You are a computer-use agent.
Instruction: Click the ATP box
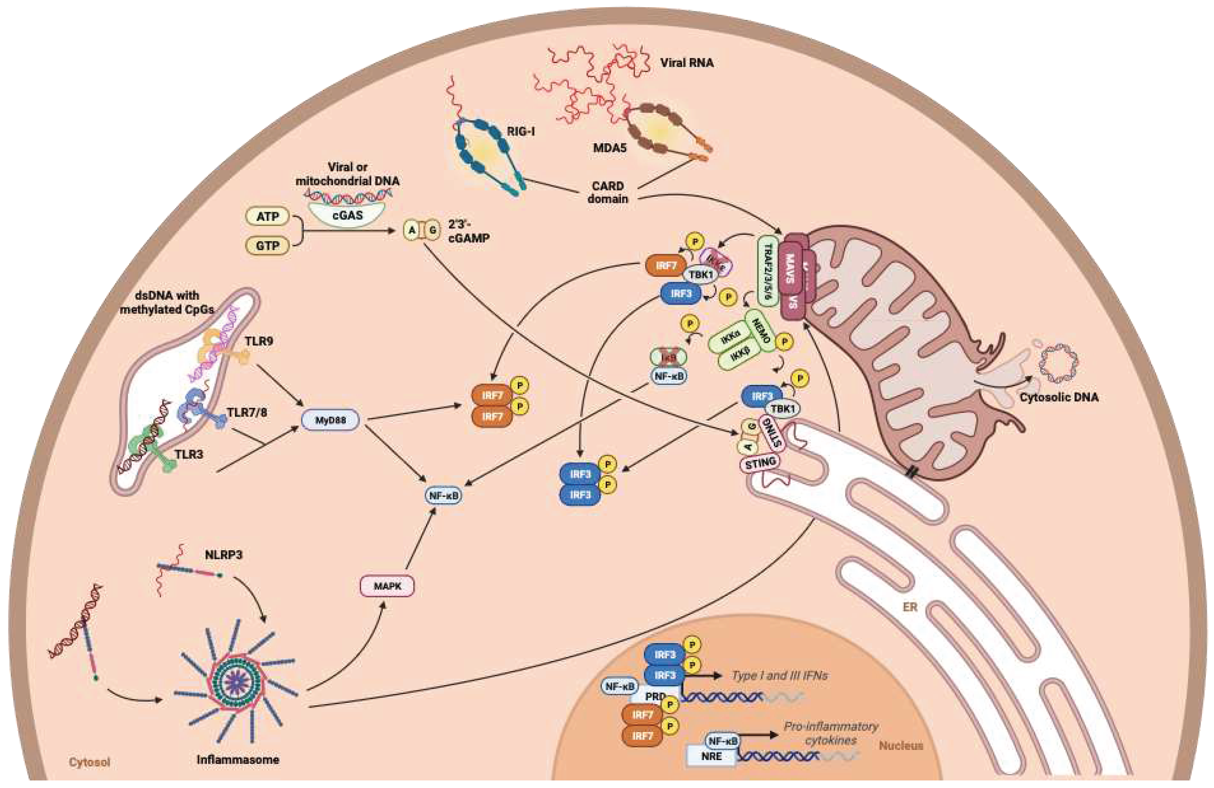(x=267, y=217)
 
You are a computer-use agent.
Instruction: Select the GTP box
(x=267, y=246)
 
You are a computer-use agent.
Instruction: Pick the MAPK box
(x=387, y=586)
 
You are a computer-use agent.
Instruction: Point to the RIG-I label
(x=520, y=132)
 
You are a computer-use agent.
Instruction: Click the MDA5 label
(x=610, y=148)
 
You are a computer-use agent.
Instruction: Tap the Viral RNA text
(x=686, y=63)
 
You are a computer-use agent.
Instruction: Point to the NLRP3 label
(x=223, y=555)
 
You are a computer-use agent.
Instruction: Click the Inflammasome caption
(x=238, y=760)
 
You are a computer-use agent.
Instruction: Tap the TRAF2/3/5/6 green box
(x=768, y=270)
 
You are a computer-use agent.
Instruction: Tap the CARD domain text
(x=608, y=192)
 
